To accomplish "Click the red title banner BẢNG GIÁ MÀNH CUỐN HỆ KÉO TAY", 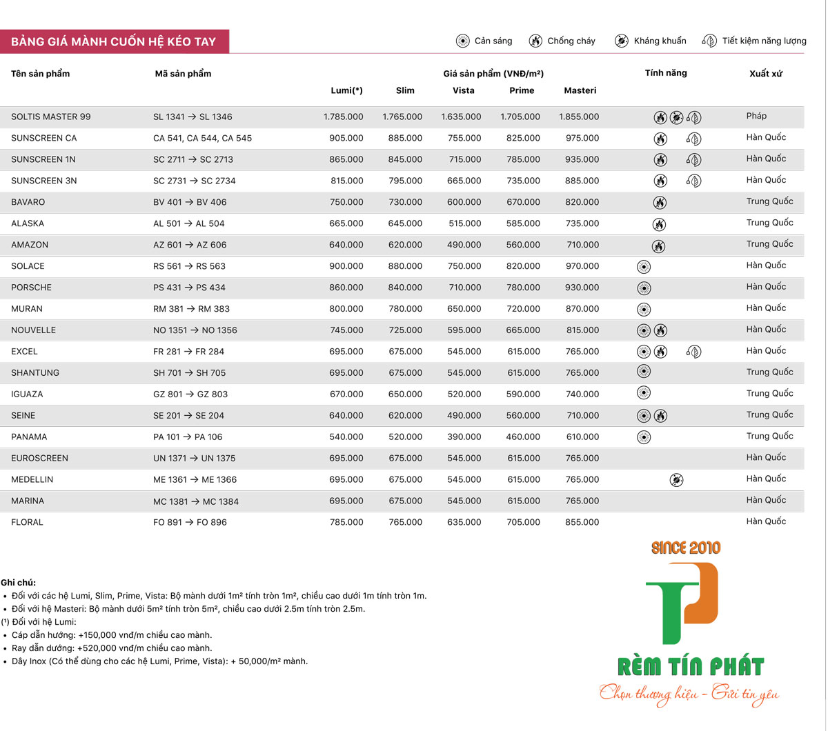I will click(x=114, y=41).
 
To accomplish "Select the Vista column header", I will click(x=464, y=90).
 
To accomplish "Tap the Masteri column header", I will click(x=580, y=90).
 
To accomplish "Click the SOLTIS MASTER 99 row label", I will click(x=51, y=117).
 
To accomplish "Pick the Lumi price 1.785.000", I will click(x=343, y=117).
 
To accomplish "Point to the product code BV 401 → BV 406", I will click(x=190, y=202).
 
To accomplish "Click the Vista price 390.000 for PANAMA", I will click(x=464, y=437).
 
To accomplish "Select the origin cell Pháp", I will click(x=756, y=116).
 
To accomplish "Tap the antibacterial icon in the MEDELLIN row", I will click(x=677, y=479).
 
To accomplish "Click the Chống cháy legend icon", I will click(x=535, y=41).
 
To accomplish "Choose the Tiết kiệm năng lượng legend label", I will click(x=764, y=41).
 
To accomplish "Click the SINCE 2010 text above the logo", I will click(x=686, y=548).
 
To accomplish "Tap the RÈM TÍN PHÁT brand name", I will click(x=690, y=667).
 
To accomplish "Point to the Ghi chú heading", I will click(x=19, y=582).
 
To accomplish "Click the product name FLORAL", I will click(x=27, y=522).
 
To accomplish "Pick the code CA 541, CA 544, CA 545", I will click(x=202, y=138).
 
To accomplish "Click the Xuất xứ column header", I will click(x=766, y=74).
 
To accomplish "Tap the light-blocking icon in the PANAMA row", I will click(x=644, y=437).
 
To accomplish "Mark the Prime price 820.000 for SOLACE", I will click(x=523, y=266).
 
